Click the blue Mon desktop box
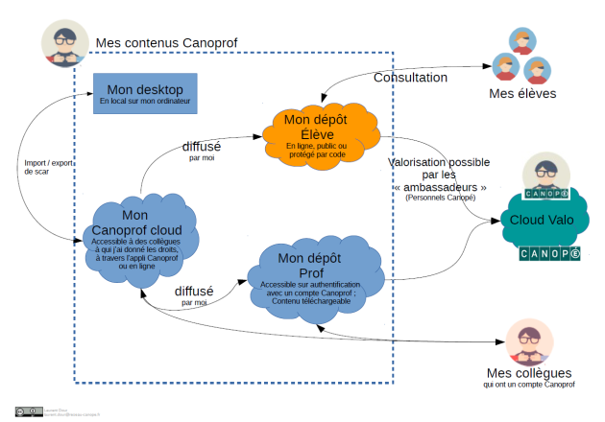point(145,93)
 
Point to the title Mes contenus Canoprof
point(166,44)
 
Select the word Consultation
point(410,77)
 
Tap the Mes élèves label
point(522,93)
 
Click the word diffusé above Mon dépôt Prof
point(193,291)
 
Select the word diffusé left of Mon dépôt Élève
point(202,147)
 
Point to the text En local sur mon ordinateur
point(145,101)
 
